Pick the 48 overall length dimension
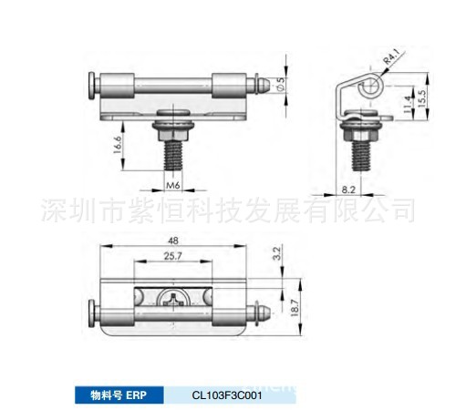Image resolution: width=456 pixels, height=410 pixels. (x=172, y=241)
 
